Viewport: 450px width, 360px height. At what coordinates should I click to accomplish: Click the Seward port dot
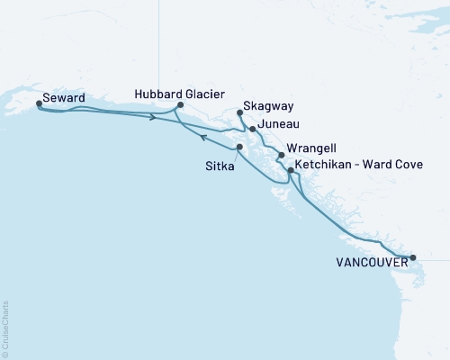[x=39, y=103]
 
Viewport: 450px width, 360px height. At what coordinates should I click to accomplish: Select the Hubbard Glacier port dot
[x=181, y=104]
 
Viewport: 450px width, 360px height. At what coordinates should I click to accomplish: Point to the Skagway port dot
[x=239, y=112]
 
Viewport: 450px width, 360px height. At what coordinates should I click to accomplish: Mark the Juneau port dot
[x=253, y=129]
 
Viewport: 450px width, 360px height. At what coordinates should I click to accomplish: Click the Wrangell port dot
[x=282, y=155]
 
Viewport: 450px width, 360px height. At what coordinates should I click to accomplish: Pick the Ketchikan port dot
[x=290, y=169]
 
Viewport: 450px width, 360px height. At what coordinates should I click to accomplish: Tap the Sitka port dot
[x=239, y=147]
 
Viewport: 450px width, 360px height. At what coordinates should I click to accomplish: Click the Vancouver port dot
[x=413, y=257]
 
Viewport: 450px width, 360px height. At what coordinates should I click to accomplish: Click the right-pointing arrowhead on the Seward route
[x=155, y=116]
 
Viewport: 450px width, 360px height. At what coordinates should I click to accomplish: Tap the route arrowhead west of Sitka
[x=204, y=138]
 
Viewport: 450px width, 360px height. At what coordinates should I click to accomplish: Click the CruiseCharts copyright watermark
[x=5, y=328]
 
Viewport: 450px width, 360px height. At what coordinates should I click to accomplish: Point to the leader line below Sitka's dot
[x=236, y=154]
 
